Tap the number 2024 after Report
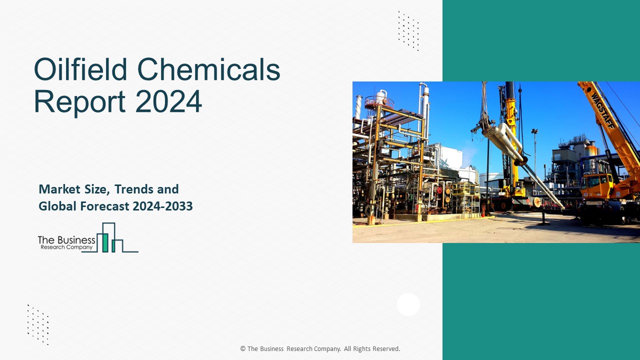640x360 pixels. (x=168, y=101)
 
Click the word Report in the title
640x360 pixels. (x=79, y=101)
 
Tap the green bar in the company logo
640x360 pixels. (x=105, y=242)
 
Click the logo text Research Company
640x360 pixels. (x=65, y=247)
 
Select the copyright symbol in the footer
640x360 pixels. (x=243, y=349)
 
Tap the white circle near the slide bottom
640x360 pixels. (x=408, y=304)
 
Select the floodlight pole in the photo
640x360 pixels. (x=534, y=150)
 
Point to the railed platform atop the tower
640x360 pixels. (x=378, y=102)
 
